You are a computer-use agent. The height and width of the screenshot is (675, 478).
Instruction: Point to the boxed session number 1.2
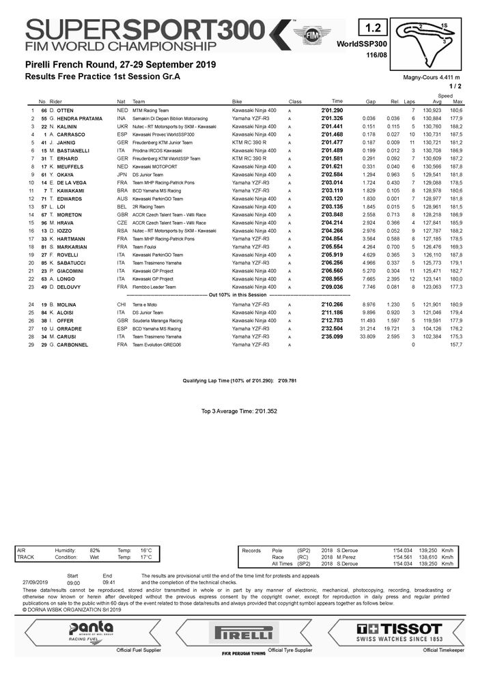pyautogui.click(x=373, y=29)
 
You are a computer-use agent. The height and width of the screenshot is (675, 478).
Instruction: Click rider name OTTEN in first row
pyautogui.click(x=65, y=111)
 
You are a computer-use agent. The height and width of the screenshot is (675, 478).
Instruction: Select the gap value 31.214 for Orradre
pyautogui.click(x=367, y=329)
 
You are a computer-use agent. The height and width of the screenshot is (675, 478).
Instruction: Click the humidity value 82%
pyautogui.click(x=95, y=549)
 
